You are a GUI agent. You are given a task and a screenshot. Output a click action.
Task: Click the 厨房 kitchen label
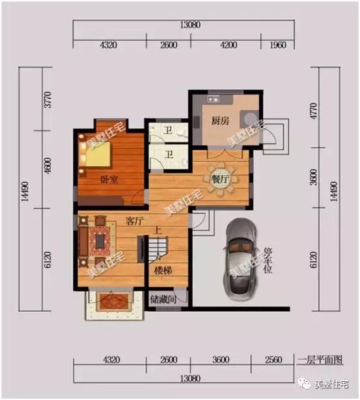[220, 121]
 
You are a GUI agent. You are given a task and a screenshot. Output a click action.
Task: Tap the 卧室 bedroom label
[109, 180]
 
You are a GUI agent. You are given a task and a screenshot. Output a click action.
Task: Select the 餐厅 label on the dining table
[220, 179]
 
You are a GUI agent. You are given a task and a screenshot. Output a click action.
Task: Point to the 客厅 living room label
[134, 221]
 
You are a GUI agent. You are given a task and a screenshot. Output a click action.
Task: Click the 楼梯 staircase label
[163, 270]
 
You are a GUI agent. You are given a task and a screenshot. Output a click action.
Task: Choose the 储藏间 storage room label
[163, 299]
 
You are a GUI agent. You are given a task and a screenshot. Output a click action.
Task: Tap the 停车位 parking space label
[268, 261]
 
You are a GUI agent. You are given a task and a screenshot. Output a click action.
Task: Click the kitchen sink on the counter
[213, 99]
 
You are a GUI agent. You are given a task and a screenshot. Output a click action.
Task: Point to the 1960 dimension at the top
[278, 45]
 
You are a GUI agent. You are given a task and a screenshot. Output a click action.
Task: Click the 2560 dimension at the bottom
[274, 360]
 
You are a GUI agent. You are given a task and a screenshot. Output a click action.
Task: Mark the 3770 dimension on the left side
[48, 100]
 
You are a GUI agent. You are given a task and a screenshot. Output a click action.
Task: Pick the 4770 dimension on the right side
[314, 111]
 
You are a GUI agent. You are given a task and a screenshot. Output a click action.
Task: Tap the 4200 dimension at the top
[228, 45]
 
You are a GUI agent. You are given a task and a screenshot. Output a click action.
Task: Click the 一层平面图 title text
[320, 360]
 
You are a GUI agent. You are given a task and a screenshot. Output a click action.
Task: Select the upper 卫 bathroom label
[168, 130]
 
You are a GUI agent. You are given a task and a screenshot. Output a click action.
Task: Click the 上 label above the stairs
[157, 231]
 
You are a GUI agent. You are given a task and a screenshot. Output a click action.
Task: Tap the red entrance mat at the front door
[112, 301]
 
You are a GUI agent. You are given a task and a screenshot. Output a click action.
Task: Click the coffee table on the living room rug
[100, 242]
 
